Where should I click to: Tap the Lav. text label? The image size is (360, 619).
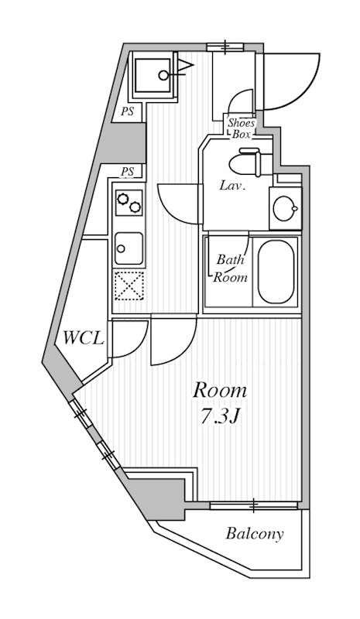(x=232, y=186)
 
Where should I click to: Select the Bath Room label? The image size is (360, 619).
(x=231, y=268)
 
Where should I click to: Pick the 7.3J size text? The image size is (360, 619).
(x=221, y=416)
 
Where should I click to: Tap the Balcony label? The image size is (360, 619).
(x=255, y=534)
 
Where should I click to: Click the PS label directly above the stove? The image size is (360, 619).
(x=128, y=171)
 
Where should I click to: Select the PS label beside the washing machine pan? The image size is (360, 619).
(x=128, y=112)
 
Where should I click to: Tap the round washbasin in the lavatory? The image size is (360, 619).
(x=285, y=207)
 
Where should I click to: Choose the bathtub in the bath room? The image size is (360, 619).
(x=276, y=272)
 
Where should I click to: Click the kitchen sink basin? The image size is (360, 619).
(x=127, y=248)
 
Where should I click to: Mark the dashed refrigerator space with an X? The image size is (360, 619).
(x=127, y=286)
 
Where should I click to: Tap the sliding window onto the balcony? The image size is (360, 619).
(x=253, y=506)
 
